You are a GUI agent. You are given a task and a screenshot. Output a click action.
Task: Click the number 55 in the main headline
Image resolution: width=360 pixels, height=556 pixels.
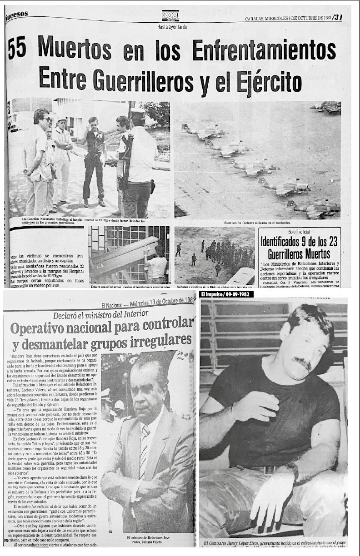coord(18,49)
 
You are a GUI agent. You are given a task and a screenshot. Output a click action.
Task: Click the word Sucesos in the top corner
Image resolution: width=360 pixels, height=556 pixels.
coord(17,15)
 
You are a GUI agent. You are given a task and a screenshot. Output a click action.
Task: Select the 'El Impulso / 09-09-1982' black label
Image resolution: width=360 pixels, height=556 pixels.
coord(226,294)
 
